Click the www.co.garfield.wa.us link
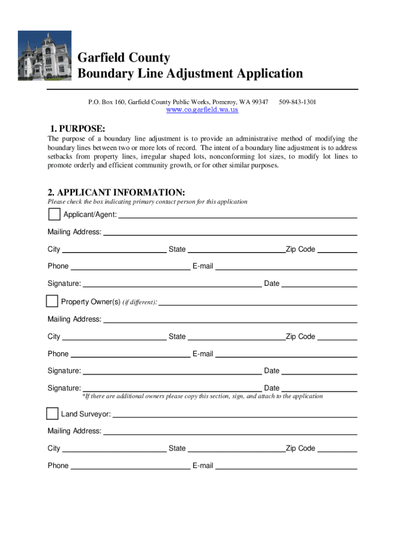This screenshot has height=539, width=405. tap(202, 109)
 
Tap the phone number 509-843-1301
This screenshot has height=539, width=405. tap(297, 102)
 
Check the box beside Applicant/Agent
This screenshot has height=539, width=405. tap(54, 214)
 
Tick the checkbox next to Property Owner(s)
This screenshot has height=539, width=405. tap(52, 301)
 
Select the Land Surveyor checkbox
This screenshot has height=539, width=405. tap(52, 413)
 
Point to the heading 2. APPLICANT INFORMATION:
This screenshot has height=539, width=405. tap(116, 193)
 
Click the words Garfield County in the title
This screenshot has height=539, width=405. tap(124, 57)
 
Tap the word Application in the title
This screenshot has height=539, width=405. tap(265, 73)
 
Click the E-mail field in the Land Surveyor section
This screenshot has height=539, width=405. tap(286, 467)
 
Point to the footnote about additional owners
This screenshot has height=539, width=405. tap(202, 396)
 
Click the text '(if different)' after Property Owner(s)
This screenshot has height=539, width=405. tap(140, 303)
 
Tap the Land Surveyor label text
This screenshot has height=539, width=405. tap(86, 414)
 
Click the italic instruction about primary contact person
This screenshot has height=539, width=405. tap(147, 202)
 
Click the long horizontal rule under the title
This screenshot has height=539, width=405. tap(202, 89)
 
